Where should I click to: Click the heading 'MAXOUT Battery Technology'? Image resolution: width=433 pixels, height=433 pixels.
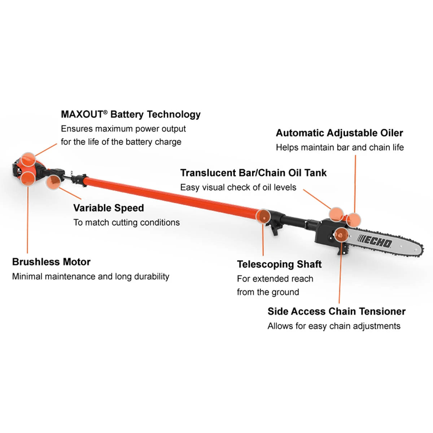(131, 114)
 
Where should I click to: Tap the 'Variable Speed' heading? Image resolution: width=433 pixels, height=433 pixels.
(109, 208)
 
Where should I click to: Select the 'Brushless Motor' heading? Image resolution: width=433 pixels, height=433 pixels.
(51, 262)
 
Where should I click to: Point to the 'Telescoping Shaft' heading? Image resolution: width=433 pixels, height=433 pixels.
(279, 264)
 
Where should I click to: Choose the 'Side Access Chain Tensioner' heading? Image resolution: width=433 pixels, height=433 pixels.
(336, 311)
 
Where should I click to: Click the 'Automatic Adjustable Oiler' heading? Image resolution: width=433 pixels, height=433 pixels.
(339, 133)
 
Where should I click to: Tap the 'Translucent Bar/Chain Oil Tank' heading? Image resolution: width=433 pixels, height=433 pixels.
(253, 173)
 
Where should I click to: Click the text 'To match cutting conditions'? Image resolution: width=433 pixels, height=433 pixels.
(126, 222)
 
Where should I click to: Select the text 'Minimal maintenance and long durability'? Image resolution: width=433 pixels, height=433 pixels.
(91, 276)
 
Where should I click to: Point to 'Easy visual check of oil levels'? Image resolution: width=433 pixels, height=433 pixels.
(238, 187)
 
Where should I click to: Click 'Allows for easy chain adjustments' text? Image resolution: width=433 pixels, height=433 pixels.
(334, 326)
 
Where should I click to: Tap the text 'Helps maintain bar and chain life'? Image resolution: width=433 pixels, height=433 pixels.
(340, 147)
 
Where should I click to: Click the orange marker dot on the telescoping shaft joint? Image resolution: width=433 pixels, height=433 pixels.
(263, 217)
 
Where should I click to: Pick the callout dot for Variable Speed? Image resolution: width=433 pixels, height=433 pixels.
(53, 182)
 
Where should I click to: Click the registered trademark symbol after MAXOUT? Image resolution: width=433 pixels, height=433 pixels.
(105, 112)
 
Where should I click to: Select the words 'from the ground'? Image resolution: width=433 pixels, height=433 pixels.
(268, 292)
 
